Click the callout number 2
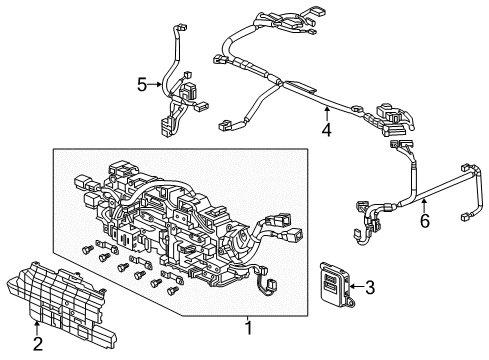pyautogui.click(x=38, y=346)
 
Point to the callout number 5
pyautogui.click(x=142, y=84)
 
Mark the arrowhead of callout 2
pyautogui.click(x=38, y=322)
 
